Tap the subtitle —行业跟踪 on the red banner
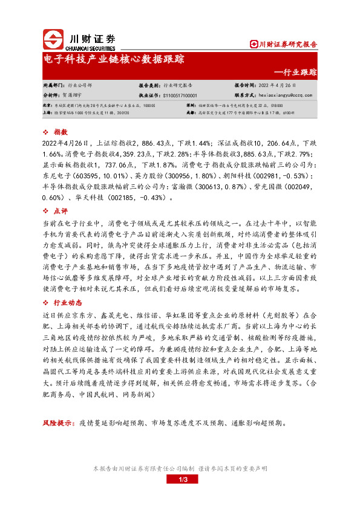[x=295, y=72]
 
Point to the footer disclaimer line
[x=180, y=468]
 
